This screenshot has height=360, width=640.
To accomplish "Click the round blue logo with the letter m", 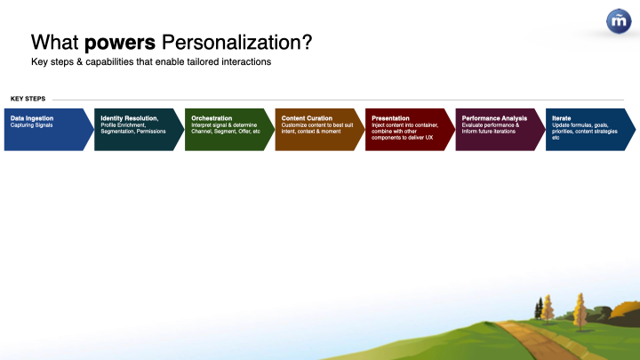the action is [619, 20].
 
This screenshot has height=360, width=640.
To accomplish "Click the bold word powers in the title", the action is [120, 44].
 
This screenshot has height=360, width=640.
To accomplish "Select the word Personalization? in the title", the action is [236, 43].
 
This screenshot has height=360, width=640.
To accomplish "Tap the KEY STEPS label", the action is [28, 99].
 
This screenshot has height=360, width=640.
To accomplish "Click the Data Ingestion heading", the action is [32, 118].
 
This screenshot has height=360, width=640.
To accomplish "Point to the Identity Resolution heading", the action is [130, 118].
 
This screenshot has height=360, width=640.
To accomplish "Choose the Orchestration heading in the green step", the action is [212, 118].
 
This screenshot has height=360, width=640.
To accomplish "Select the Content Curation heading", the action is [307, 118].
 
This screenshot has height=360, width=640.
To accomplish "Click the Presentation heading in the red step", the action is [390, 118].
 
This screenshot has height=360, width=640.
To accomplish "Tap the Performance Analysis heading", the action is [494, 118].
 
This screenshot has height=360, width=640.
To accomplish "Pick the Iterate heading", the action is [561, 118].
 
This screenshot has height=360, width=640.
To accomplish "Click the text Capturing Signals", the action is [31, 125].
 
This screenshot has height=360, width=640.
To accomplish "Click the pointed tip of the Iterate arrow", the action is [636, 130].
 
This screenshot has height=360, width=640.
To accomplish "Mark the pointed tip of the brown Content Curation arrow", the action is [364, 130].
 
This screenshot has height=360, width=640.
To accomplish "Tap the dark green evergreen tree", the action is [540, 308].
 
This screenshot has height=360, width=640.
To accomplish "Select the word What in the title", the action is [55, 43].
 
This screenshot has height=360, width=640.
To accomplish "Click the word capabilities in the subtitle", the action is [109, 62].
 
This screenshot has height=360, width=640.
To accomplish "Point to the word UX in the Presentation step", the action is [428, 138].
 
